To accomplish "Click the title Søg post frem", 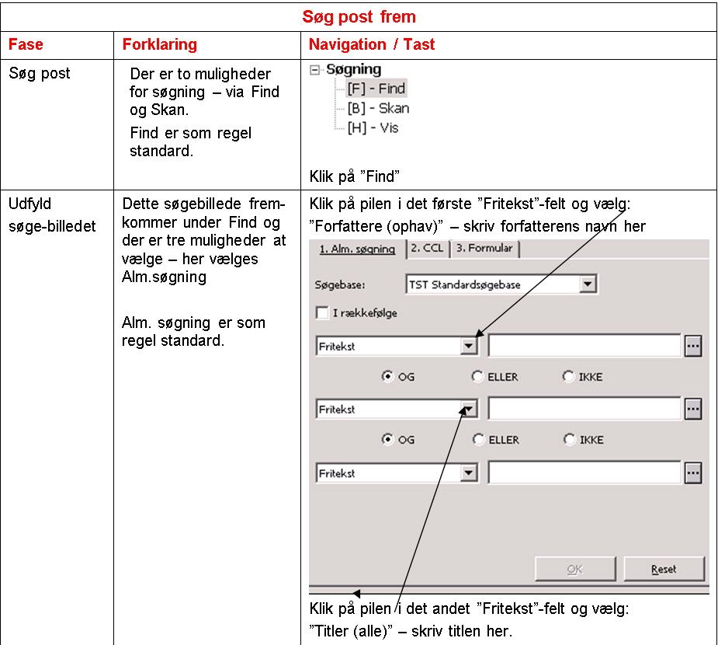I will pos(359,16).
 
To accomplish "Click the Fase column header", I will pos(26,44).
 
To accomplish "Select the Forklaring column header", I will pos(159,44).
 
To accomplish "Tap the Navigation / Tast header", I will pos(372,44).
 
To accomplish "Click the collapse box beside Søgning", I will pos(314,70).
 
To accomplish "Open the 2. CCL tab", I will pos(428,249).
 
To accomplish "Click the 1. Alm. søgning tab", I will pos(357,249).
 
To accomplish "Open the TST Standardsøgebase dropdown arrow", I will pos(588,284).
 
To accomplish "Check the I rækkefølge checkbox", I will pos(322,313).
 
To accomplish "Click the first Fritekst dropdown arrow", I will pos(468,346).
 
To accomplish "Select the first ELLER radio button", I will pos(478,377).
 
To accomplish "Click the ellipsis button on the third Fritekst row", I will pos(693,472).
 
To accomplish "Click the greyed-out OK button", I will pos(574,569).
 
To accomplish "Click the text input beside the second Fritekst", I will pos(584,409).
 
